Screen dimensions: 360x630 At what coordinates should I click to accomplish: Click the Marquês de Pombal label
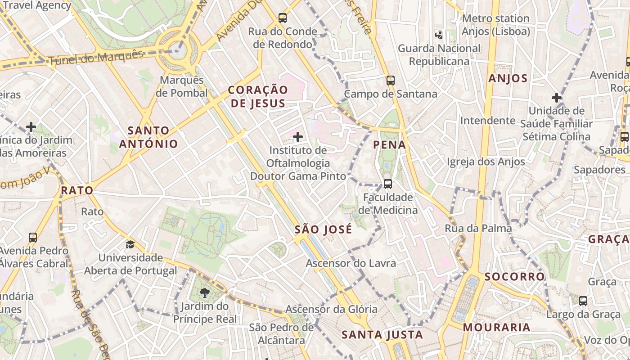182,86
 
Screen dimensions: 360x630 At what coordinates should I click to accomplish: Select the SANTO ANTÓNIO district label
148,137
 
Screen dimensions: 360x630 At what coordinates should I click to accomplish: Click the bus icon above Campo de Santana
390,81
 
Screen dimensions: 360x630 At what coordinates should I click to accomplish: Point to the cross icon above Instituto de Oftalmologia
297,136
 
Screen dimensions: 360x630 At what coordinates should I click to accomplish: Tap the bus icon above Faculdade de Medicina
387,184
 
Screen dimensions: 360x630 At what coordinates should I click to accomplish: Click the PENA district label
389,145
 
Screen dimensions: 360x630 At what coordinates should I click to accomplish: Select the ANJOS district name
508,79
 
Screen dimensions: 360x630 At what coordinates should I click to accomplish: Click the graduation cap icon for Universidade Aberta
130,244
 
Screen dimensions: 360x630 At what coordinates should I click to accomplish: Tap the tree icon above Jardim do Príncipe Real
204,293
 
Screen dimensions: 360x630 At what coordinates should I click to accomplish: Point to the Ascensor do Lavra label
351,263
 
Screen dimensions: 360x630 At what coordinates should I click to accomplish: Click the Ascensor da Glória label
331,309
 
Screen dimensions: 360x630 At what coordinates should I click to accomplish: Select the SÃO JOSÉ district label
323,229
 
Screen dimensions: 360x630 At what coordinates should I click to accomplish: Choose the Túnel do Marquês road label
96,57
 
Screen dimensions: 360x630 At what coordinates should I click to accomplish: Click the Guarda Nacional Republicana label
439,54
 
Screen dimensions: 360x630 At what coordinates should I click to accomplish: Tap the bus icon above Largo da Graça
583,301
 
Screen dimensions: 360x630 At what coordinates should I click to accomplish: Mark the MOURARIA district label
497,328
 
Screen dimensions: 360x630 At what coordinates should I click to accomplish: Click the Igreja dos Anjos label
486,162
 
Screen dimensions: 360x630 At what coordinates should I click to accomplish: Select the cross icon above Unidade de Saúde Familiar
557,98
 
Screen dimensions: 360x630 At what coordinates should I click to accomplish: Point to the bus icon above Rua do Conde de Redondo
282,18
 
